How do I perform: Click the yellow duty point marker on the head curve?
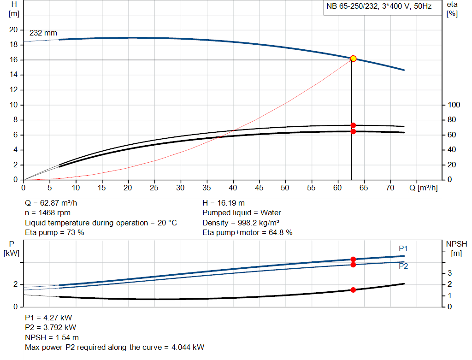[x=353, y=59]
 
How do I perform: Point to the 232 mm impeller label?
[x=43, y=33]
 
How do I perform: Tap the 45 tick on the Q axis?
[x=260, y=188]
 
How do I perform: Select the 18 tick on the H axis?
[x=13, y=45]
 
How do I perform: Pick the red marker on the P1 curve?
[x=353, y=260]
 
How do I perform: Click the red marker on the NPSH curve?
[x=353, y=290]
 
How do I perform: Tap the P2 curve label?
[x=403, y=266]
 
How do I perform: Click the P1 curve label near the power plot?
[x=403, y=249]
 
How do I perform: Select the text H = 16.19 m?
[x=224, y=203]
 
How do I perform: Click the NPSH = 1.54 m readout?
[x=52, y=337]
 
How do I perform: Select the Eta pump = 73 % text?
[x=54, y=232]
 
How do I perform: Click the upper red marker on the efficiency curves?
[x=353, y=125]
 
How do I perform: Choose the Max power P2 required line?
[x=114, y=347]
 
